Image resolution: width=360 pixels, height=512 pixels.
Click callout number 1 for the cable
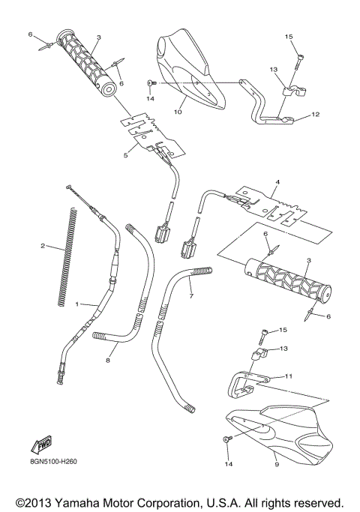tap(76, 304)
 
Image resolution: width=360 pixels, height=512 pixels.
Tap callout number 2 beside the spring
tap(43, 246)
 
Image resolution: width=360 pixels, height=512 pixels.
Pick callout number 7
tap(191, 296)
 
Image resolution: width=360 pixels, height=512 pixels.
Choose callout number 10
tap(178, 112)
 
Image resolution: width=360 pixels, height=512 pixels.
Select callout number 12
tap(315, 115)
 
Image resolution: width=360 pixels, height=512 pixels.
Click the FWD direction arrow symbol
tap(40, 445)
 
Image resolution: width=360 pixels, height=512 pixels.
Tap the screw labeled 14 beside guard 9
tap(225, 439)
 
